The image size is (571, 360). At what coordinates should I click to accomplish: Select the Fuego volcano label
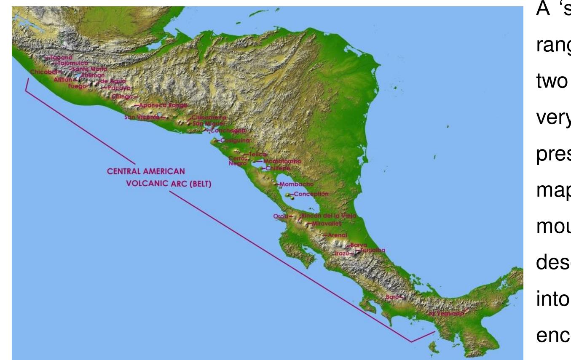77,86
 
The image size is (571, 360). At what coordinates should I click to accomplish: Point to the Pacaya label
119,88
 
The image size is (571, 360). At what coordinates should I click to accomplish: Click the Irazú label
342,253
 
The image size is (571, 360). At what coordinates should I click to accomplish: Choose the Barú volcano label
391,297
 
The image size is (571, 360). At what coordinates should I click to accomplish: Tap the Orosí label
280,216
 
